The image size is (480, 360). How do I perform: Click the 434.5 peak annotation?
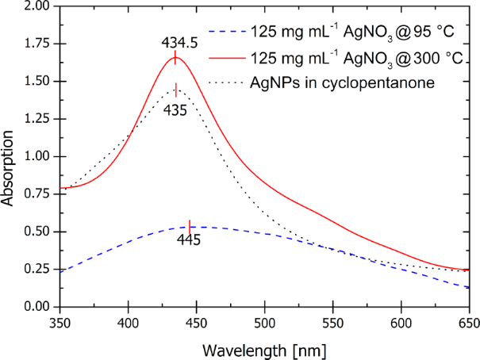[175, 40]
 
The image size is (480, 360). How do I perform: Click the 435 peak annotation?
[175, 110]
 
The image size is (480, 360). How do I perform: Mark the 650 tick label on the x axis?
[468, 323]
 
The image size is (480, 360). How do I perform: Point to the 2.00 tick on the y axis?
[36, 6]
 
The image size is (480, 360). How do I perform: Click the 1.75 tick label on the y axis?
[36, 44]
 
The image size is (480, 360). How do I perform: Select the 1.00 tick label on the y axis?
[36, 157]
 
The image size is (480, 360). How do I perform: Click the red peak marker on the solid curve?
[175, 57]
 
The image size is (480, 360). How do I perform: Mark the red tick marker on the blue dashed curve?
[190, 227]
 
